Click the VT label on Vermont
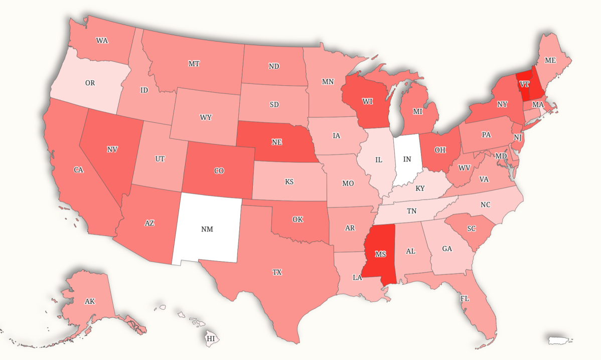point(524,84)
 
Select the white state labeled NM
point(207,229)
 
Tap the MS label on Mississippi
point(380,254)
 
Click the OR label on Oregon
point(90,83)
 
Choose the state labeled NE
point(276,142)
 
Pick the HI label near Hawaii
point(211,339)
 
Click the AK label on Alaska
point(90,301)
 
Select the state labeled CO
point(219,171)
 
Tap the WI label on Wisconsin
point(368,101)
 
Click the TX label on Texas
point(277,272)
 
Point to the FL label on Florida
point(465,298)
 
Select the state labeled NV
point(112,149)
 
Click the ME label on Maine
point(550,60)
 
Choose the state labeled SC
point(471,228)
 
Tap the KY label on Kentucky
point(420,189)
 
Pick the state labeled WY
point(206,117)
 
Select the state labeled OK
point(297,219)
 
